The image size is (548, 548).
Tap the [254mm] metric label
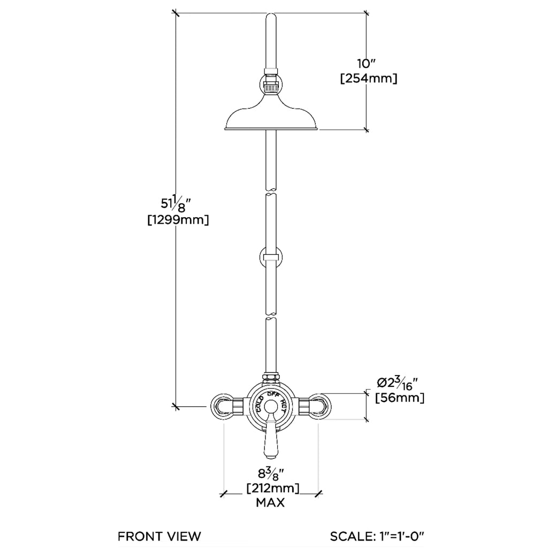[368, 79]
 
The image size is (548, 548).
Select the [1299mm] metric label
[178, 219]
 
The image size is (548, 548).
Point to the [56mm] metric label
[400, 398]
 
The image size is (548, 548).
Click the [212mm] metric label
[272, 489]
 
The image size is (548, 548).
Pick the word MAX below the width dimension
[270, 503]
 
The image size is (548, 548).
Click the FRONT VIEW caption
[159, 536]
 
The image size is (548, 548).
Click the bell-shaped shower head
[272, 115]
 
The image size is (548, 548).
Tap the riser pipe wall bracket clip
[271, 256]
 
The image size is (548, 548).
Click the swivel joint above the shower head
[272, 85]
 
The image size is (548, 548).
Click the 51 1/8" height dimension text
[177, 204]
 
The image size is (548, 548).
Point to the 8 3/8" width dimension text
[271, 474]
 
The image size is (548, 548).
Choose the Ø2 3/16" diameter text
[397, 383]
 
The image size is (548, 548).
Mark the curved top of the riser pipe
[272, 21]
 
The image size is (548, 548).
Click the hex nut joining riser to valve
[271, 378]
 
